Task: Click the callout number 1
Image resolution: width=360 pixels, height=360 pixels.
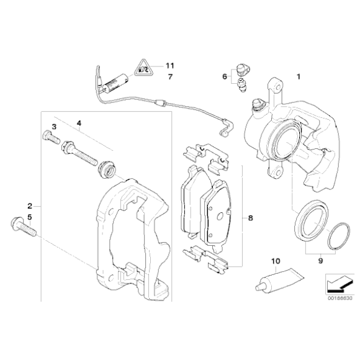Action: (299, 76)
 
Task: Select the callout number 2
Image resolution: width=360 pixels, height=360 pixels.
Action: (30, 206)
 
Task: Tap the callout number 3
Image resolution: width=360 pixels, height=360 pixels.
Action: (54, 127)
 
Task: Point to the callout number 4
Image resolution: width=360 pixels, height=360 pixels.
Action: (79, 124)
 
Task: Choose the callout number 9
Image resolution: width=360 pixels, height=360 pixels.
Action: (320, 261)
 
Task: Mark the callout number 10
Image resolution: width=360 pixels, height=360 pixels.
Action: (276, 261)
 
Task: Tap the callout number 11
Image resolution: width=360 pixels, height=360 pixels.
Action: (170, 66)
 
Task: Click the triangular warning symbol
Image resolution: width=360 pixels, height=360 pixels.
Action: (144, 69)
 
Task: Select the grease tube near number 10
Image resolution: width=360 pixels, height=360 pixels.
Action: (280, 281)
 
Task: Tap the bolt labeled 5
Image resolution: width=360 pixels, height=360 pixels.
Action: (24, 227)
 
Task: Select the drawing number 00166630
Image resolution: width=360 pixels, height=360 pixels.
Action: (340, 298)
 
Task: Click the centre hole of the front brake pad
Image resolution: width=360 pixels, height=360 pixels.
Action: (220, 215)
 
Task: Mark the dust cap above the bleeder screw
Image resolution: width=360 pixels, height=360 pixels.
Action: (243, 70)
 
